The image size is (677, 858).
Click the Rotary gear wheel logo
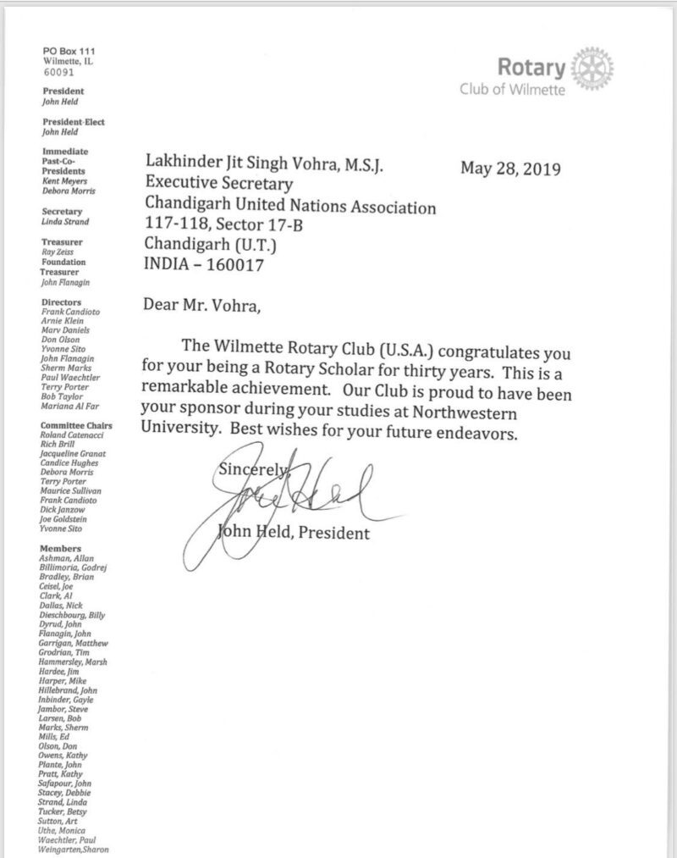593,68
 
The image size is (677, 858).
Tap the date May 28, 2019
509,168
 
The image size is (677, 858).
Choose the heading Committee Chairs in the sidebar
77,425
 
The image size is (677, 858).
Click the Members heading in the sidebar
60,549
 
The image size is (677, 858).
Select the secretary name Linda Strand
65,222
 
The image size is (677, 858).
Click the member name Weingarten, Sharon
74,850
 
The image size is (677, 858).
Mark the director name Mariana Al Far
70,405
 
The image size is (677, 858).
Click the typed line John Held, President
294,534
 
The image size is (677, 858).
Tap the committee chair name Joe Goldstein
68,518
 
